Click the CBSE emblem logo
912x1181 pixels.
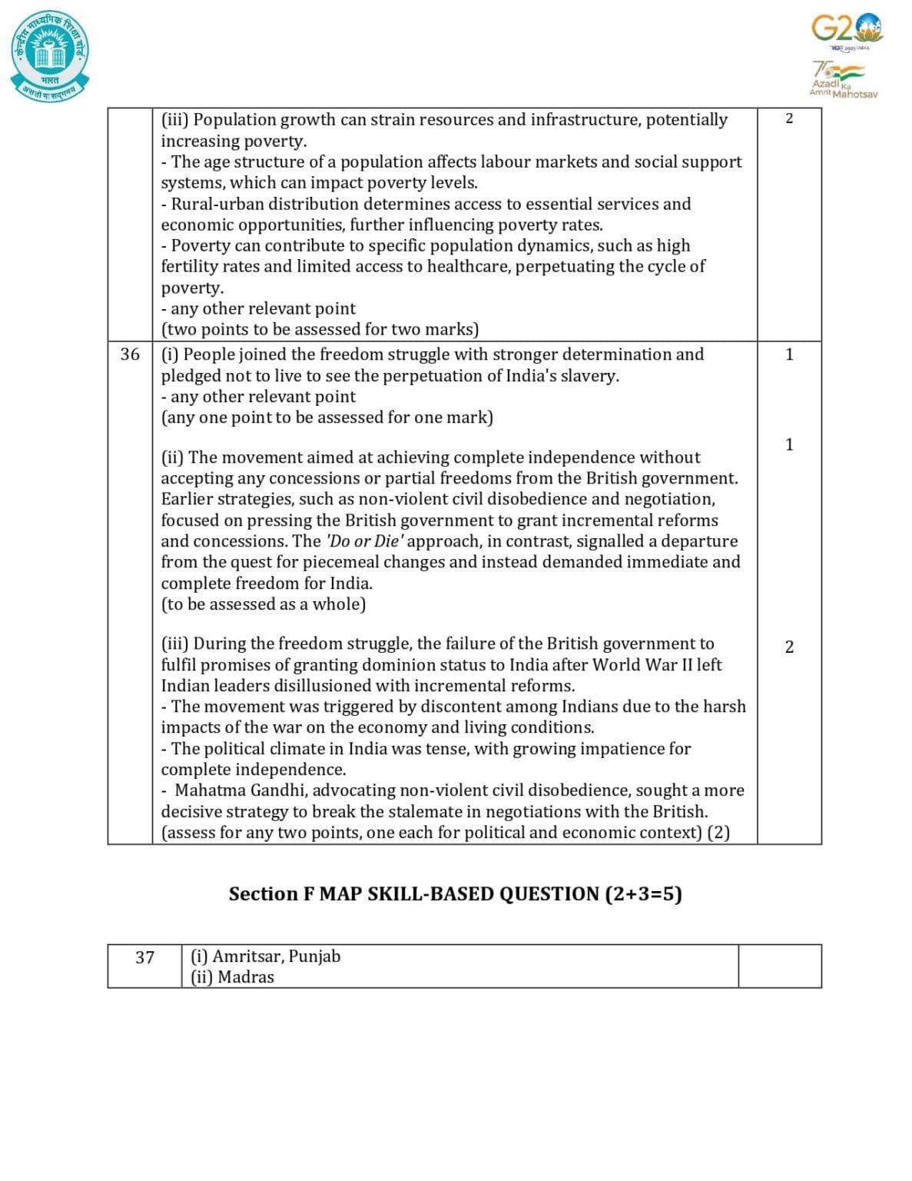pos(50,55)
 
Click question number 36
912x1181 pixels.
pos(130,354)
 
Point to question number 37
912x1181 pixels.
pos(144,957)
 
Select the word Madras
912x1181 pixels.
pos(246,976)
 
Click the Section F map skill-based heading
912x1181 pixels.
pos(455,893)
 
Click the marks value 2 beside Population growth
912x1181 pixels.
pos(789,118)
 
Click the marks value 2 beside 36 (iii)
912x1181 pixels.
pos(789,647)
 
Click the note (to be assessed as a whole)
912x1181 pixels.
pos(264,604)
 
